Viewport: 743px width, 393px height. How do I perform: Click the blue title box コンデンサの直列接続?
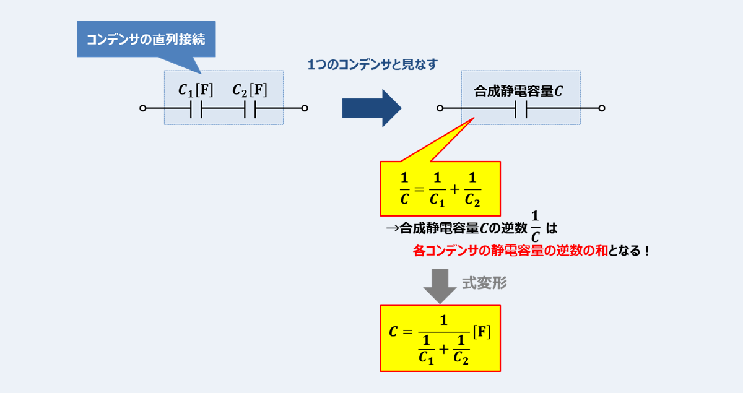coord(146,39)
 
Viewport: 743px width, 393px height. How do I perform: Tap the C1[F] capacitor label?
coord(196,90)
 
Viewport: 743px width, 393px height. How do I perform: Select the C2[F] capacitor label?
coord(250,90)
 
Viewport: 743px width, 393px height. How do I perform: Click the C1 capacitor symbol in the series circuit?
coord(196,108)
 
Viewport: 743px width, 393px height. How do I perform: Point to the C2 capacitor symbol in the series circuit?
coord(250,108)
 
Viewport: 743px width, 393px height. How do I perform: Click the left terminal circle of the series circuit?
coord(142,108)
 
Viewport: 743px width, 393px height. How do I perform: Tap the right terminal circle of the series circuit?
coord(305,108)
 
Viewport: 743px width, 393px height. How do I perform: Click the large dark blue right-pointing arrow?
coord(371,108)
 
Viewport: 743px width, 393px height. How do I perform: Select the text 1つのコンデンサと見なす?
coord(373,64)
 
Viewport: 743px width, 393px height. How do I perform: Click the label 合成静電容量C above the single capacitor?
coord(518,91)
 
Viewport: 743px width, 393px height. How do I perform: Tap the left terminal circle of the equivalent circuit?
coord(440,108)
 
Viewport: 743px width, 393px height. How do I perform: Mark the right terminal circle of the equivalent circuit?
coord(602,108)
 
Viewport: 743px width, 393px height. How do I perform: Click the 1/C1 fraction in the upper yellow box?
coord(437,189)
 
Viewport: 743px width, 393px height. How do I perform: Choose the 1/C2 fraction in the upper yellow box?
coord(472,189)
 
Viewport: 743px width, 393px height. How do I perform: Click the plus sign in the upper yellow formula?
coord(454,189)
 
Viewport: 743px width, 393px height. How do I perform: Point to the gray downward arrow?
coord(440,286)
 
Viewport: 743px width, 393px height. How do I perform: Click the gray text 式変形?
coord(484,283)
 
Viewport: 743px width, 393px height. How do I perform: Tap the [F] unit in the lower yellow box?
coord(482,332)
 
